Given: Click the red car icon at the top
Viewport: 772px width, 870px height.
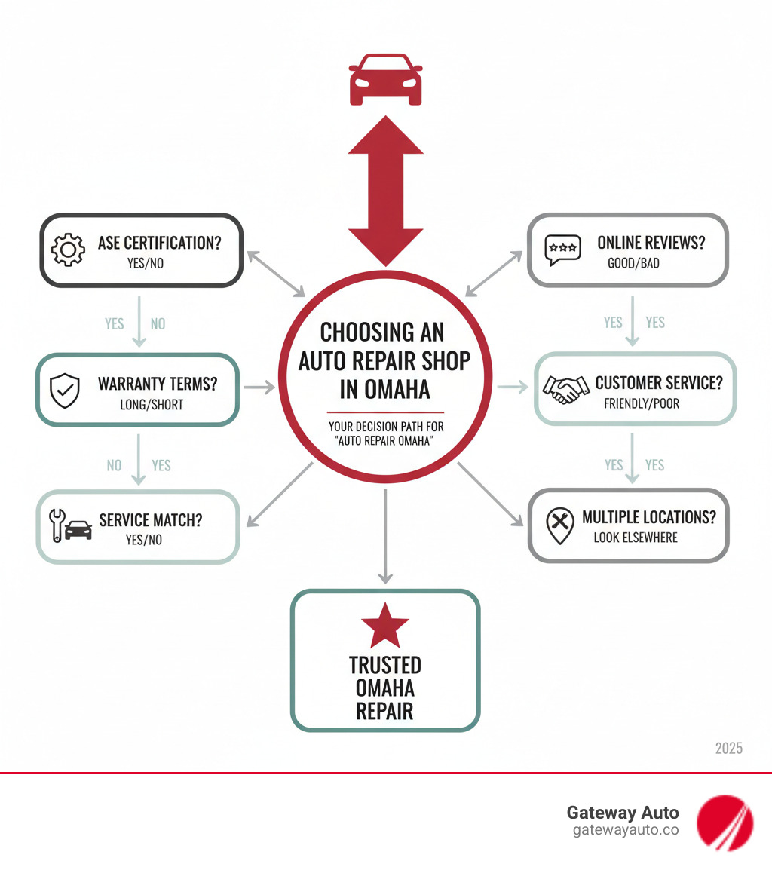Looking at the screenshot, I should tap(385, 78).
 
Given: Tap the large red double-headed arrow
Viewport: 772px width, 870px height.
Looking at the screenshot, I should tap(385, 191).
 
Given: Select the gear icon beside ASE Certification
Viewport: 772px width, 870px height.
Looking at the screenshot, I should tap(68, 250).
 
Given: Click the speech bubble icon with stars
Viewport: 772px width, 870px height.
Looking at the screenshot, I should tap(563, 250).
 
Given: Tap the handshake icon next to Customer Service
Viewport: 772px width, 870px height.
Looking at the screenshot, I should tap(567, 389).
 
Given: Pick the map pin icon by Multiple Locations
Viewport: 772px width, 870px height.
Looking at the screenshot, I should tap(559, 525).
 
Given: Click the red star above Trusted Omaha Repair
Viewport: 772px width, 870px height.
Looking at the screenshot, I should tap(385, 626).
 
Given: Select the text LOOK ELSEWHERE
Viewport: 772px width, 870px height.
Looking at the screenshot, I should tap(636, 538).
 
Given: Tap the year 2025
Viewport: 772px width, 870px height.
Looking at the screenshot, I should tap(728, 748).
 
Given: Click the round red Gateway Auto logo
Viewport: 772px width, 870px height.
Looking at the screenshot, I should tap(725, 821).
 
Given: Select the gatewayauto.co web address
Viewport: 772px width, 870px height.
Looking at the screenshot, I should tap(626, 830).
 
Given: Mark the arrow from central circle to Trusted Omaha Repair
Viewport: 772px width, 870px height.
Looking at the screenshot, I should tap(385, 535).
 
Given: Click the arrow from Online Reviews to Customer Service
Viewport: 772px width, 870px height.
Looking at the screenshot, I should tap(633, 320).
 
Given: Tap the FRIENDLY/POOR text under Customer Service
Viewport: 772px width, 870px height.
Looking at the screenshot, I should tap(642, 403).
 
